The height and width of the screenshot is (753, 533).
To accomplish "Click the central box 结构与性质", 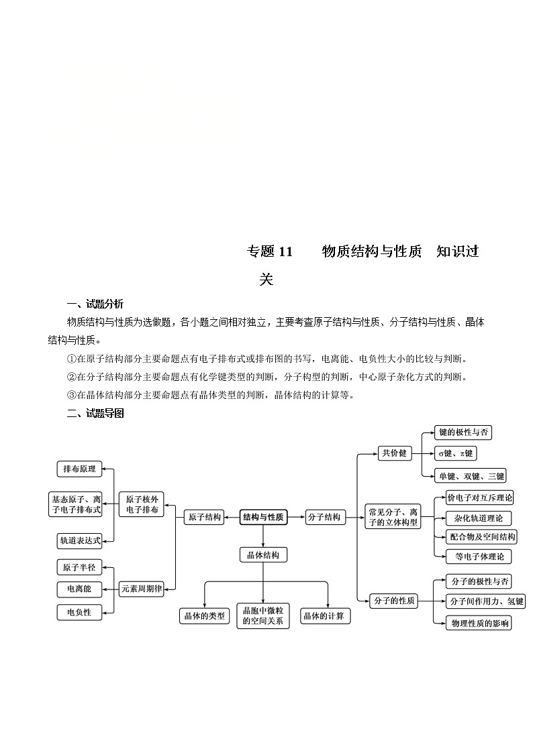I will pos(263,517).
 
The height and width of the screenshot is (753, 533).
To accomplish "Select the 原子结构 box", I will pos(204,517).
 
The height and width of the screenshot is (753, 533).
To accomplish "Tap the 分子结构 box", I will pos(324,517).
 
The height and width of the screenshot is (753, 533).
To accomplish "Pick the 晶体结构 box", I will pos(263,555).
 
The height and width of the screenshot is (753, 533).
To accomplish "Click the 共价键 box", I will pos(394,453).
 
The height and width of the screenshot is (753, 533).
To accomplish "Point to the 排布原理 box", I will pos(79,469).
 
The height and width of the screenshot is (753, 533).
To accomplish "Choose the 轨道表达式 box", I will pos(79,540).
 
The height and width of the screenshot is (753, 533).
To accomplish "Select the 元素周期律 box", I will pos(141,589).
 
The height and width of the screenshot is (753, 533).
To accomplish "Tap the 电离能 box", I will pos(79,589).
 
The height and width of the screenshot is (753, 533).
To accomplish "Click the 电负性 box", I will pos(79,612).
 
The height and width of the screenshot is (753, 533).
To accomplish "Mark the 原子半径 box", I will pos(79,567).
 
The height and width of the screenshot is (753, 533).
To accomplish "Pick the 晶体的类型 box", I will pos(204,616).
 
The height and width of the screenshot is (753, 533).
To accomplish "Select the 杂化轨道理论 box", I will pos(479,518).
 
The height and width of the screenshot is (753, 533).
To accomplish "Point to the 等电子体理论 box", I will pos(479,556).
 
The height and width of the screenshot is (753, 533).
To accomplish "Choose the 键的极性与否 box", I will pos(463,432).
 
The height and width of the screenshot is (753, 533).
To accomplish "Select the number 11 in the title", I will pos(285,251).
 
